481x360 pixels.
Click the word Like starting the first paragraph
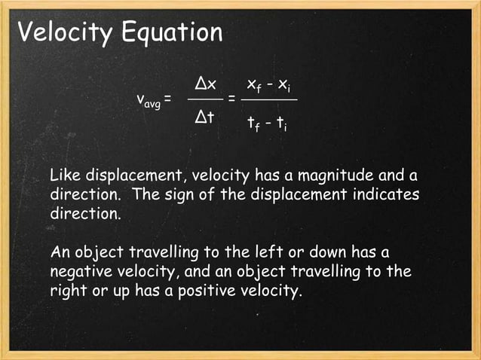pos(63,176)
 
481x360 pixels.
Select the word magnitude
pos(329,176)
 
